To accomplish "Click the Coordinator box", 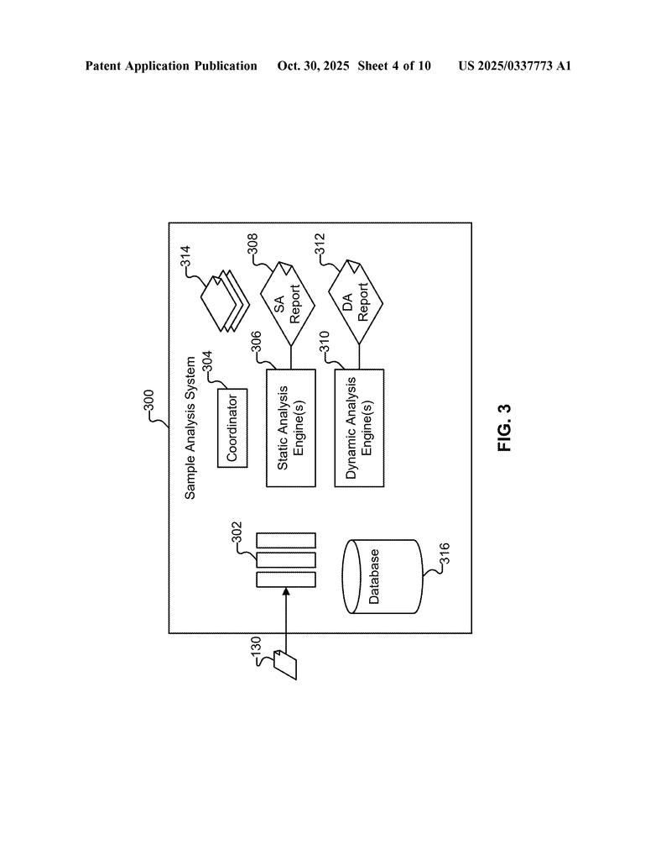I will (232, 427).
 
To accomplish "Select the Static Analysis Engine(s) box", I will (290, 427).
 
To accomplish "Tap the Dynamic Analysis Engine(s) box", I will (359, 427).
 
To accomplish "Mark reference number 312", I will (320, 244).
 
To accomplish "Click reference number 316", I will (445, 556).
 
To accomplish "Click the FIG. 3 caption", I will (505, 428).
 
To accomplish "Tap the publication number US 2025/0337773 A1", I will (514, 66).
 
